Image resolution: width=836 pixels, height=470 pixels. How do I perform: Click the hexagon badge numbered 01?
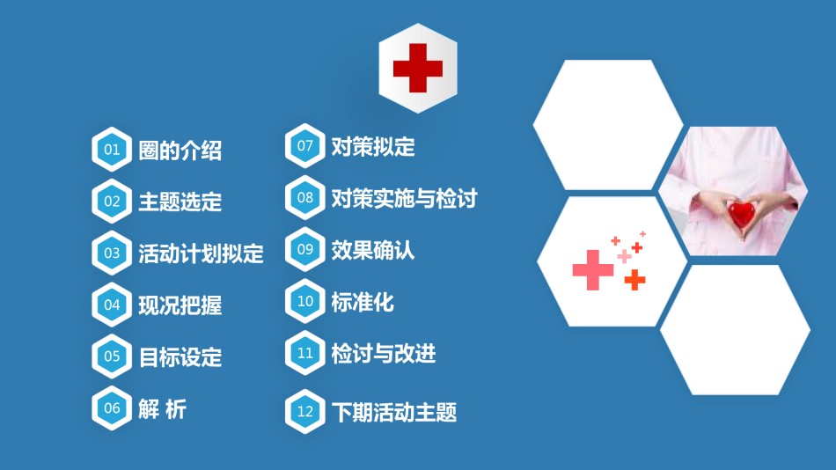tap(112, 150)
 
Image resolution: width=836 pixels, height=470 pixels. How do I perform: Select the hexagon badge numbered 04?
tap(112, 305)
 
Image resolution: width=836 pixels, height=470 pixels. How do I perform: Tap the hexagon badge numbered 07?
tap(305, 145)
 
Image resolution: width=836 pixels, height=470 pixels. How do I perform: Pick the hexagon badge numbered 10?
tap(305, 301)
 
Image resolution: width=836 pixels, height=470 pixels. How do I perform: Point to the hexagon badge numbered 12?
tap(305, 411)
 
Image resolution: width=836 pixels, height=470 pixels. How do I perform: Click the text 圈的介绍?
tap(180, 151)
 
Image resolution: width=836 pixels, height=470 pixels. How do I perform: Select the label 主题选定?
tap(180, 202)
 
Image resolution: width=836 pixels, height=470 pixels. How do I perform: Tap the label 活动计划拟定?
tap(201, 253)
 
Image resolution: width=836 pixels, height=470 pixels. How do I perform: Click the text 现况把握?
tap(180, 305)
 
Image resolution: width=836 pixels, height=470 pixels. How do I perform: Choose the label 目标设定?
tap(180, 357)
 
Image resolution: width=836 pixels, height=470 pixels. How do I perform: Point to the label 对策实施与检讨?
tap(404, 198)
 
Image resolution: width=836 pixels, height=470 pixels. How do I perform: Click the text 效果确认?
tap(373, 250)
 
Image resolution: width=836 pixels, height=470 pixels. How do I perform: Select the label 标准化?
tap(363, 302)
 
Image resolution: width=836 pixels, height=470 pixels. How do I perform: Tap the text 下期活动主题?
tap(394, 413)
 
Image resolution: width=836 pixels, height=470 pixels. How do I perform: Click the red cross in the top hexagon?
tap(418, 69)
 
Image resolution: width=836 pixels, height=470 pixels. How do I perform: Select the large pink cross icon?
tap(593, 270)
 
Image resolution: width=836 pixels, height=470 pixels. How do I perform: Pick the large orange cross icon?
tap(634, 280)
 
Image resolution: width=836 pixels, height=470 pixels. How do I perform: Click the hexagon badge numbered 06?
tap(112, 408)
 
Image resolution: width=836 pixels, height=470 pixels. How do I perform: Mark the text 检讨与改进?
tap(384, 353)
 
